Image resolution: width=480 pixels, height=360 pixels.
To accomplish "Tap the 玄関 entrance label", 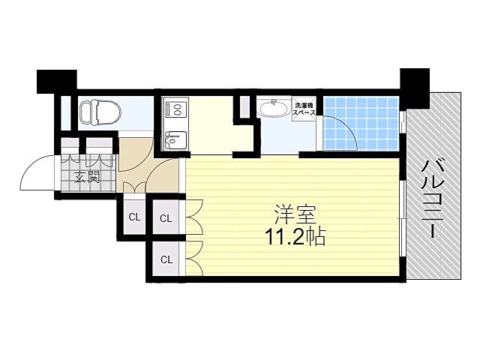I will tap(87, 178).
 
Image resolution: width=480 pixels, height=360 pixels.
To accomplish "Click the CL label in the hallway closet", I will tap(134, 217).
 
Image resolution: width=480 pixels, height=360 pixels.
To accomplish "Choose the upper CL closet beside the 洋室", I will tap(166, 219).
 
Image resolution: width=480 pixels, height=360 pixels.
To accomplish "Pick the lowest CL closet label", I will tap(166, 259).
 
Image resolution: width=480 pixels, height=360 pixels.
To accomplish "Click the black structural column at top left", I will tap(55, 81).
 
